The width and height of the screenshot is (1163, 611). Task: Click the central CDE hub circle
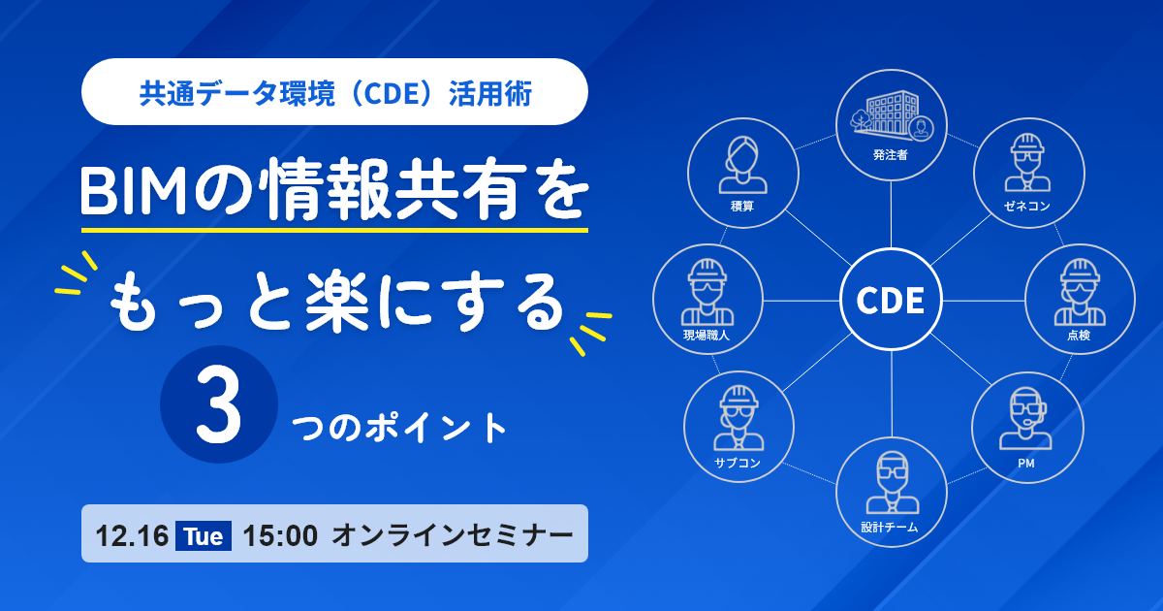coord(891,300)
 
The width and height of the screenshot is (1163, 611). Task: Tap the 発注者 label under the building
coord(891,155)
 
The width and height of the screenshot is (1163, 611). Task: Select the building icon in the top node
coord(892,116)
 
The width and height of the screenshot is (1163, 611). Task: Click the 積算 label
coord(742,207)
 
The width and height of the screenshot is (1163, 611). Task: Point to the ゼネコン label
coord(1027,207)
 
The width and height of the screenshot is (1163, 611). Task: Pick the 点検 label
coord(1079,336)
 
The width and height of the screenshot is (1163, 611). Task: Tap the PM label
coord(1026,464)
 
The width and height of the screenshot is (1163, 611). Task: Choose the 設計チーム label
coord(890,528)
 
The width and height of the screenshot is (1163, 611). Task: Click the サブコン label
coord(738,463)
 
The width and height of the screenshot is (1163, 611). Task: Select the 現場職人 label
coord(707,336)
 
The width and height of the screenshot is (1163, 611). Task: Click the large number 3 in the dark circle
coord(219,404)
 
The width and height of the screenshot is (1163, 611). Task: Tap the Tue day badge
coord(204,535)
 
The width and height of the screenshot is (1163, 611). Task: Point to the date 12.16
coord(132,535)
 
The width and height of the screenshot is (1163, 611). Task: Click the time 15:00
coord(280,535)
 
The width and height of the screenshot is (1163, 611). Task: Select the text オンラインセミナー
coord(453,535)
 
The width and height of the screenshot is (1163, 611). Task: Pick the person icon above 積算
coord(743,165)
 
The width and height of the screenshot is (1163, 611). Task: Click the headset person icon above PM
coord(1026,419)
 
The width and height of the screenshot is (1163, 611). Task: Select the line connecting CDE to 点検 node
coord(984,301)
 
